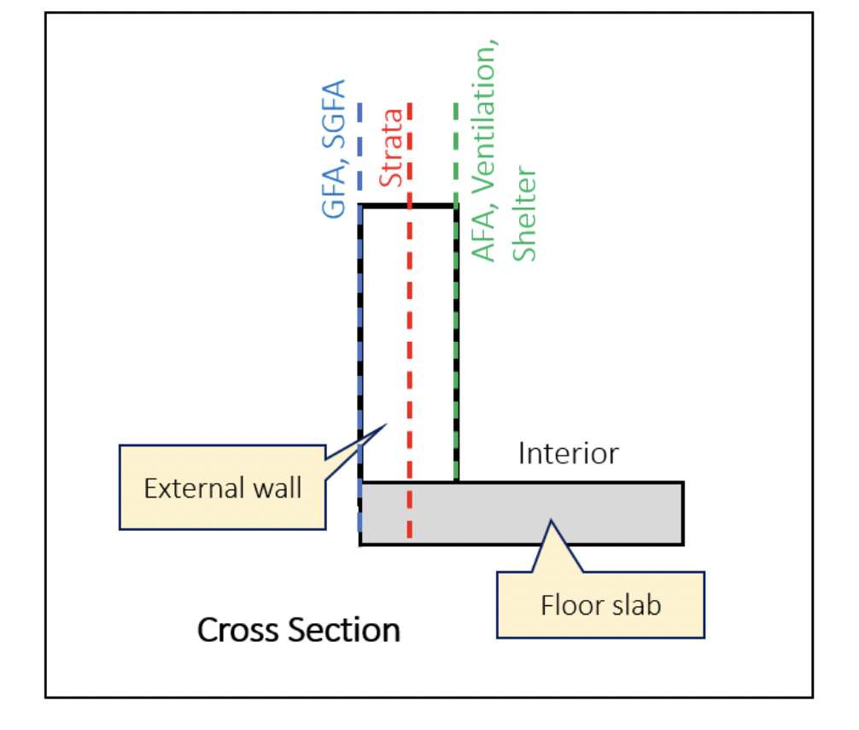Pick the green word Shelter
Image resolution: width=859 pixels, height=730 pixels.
524,214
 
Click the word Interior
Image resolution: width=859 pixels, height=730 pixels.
568,453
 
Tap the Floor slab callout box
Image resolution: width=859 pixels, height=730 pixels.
600,605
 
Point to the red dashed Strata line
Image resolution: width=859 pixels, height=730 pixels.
411,342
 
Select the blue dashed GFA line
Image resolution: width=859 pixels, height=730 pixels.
360,342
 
